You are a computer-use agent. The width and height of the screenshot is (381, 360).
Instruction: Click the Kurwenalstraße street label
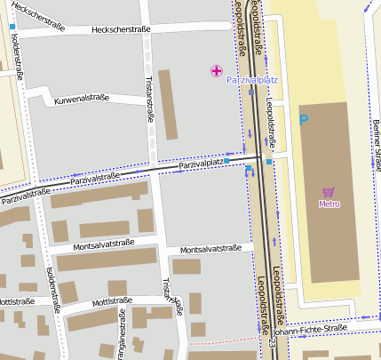81,99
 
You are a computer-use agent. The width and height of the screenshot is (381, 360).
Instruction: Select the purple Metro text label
329,204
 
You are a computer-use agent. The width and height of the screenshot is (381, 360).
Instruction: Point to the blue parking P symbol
305,119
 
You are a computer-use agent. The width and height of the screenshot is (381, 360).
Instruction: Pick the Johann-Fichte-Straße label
311,330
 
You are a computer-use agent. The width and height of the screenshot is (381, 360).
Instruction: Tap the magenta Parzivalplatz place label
253,80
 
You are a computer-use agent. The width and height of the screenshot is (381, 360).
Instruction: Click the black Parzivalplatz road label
200,164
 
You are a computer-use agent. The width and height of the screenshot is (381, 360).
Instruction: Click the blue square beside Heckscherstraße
12,27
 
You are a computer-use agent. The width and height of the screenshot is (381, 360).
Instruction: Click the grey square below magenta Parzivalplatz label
252,92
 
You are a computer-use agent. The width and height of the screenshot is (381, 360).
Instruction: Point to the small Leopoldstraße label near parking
272,124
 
